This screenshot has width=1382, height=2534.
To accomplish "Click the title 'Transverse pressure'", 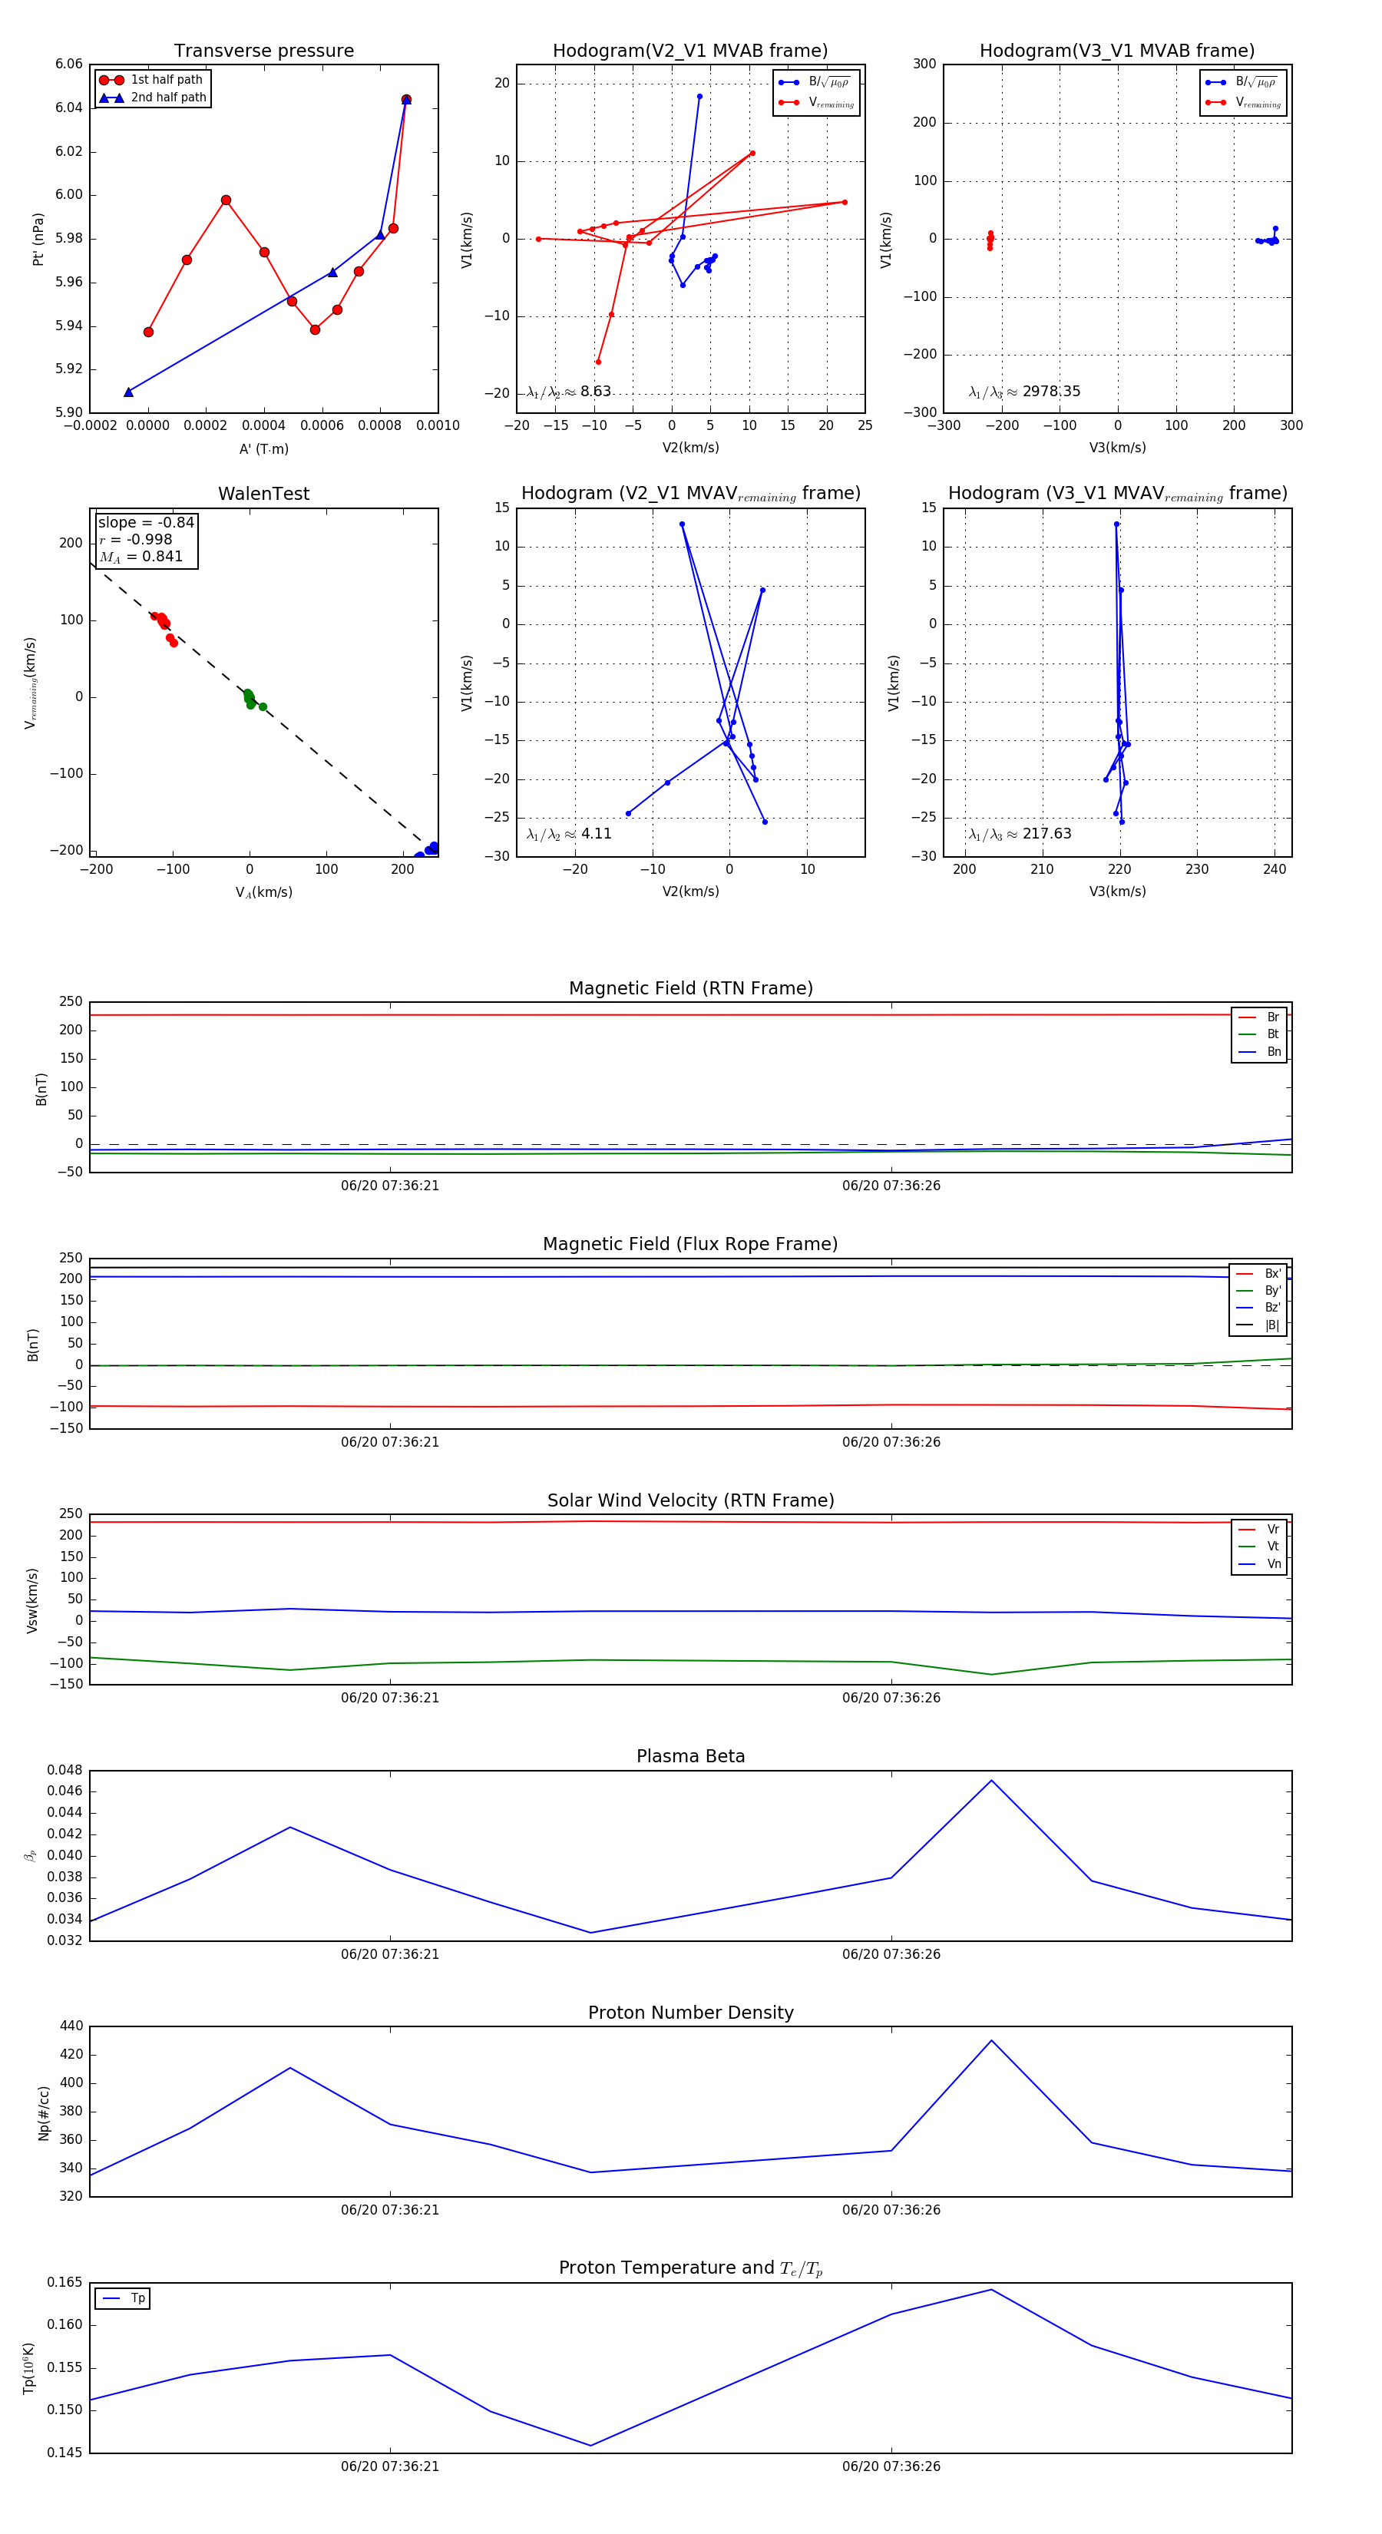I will point(263,51).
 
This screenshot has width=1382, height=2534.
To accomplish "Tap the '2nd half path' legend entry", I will point(168,98).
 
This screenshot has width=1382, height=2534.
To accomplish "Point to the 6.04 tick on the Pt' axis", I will point(69,108).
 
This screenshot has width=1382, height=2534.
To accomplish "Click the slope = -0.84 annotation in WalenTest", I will point(146,522).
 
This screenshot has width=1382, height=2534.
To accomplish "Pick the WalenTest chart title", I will point(263,494).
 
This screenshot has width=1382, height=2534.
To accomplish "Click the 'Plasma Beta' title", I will point(690,1756).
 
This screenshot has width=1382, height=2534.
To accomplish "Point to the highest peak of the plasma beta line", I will point(990,1781).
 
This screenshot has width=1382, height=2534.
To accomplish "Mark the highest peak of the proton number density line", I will point(990,2040).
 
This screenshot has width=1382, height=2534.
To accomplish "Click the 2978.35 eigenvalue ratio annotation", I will point(1050,392).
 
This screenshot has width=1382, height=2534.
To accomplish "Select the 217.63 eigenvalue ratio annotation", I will point(1046,834).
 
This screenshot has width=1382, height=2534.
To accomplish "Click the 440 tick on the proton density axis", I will point(71,2026).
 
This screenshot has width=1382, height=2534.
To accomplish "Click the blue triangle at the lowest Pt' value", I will point(129,392).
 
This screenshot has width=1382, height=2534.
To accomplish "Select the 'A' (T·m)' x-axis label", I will point(263,448).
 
